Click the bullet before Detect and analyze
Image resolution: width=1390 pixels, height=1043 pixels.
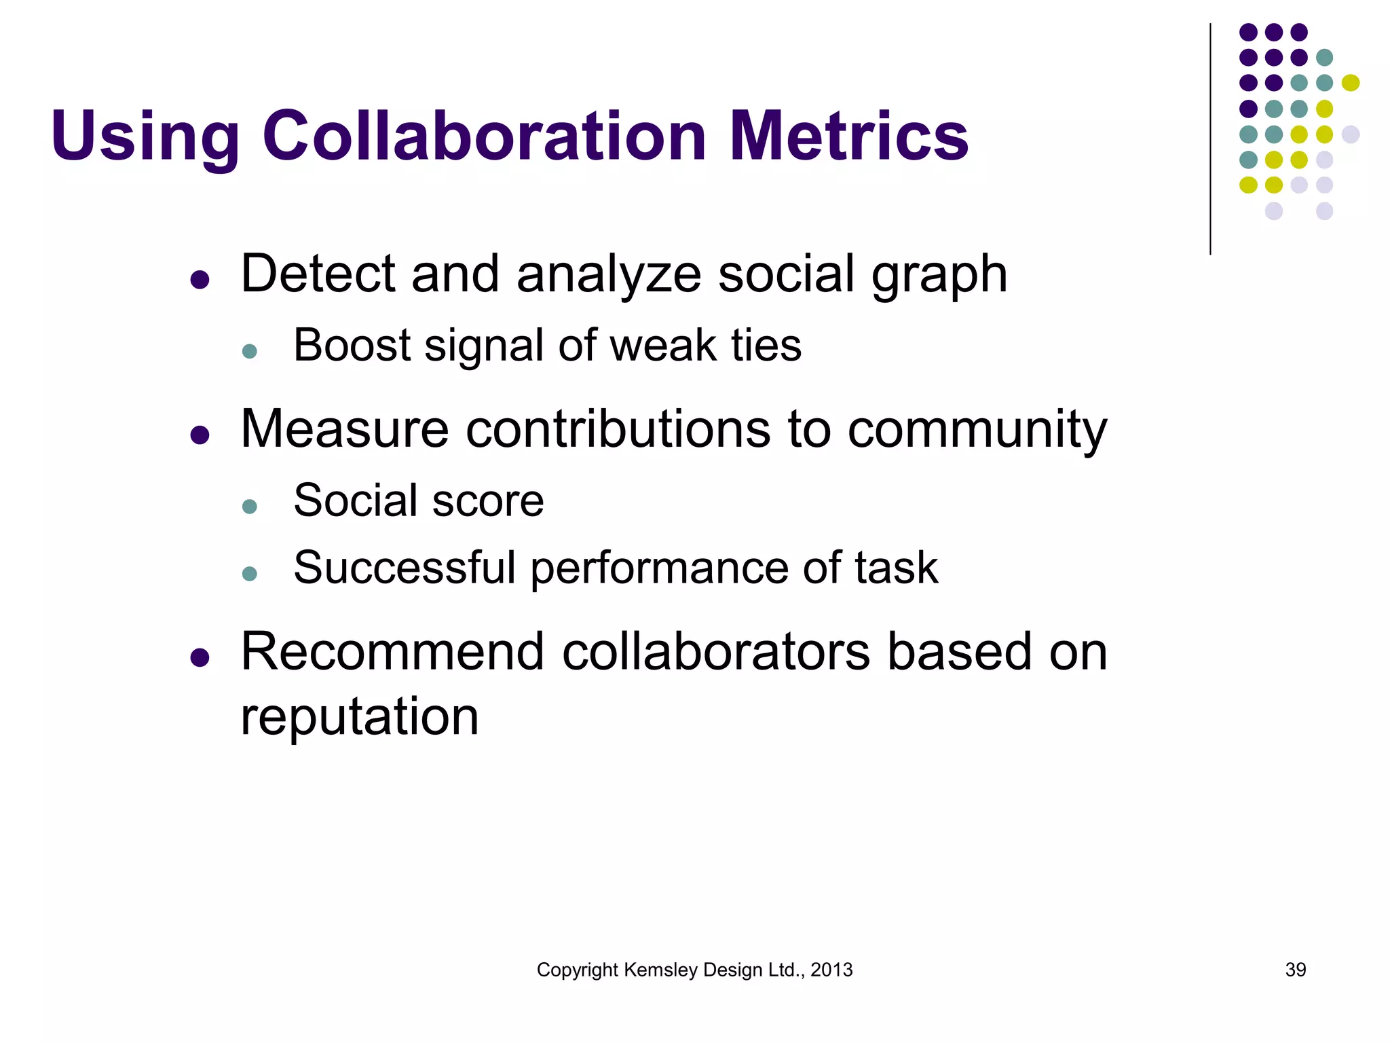[200, 279]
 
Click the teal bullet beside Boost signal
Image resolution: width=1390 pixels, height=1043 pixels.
[250, 351]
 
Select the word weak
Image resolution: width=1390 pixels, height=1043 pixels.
[664, 346]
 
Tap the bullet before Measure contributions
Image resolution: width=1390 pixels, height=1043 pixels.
[200, 435]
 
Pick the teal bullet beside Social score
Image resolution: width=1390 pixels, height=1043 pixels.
[250, 507]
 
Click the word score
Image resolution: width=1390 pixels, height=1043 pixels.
[487, 501]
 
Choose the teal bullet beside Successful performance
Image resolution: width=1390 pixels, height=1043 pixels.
[250, 574]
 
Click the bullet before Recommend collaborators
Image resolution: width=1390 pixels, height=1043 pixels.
[200, 657]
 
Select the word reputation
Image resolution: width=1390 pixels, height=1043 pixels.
[360, 717]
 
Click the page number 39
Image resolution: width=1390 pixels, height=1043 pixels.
[1295, 970]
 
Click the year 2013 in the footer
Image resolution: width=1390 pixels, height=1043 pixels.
[831, 970]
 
